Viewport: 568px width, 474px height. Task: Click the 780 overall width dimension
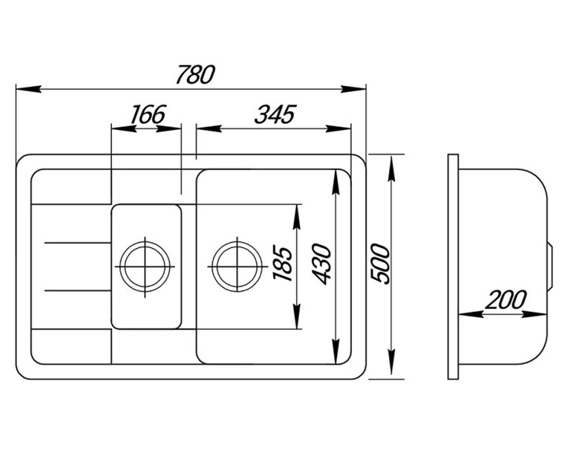[195, 74]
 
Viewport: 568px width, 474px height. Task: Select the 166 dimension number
[148, 114]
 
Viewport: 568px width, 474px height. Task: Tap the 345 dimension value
[275, 114]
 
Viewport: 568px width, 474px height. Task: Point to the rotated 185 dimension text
[283, 264]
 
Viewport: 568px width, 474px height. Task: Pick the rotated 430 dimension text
[321, 264]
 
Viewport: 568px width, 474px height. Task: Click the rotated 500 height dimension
[380, 264]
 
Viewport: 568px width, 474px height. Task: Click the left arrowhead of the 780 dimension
[29, 89]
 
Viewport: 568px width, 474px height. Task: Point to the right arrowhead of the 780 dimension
[353, 89]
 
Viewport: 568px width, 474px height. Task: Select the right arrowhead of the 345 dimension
[338, 128]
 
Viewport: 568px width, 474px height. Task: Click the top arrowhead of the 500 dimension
[391, 169]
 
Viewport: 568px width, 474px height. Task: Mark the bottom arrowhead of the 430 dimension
[336, 351]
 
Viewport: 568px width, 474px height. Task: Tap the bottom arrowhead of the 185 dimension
[297, 316]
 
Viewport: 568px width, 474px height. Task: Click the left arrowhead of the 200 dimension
[471, 314]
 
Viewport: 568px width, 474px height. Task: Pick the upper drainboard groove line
[78, 242]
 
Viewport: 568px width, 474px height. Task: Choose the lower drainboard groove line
[78, 291]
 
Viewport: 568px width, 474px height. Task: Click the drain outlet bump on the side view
[550, 267]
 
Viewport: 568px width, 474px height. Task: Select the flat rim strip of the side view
[453, 267]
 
